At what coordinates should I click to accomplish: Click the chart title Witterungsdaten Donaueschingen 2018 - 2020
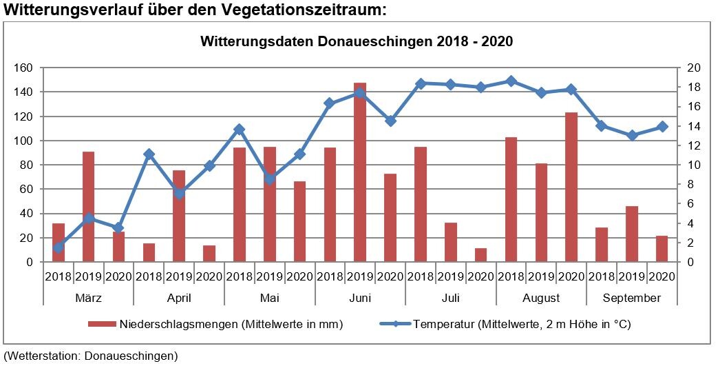coord(357,41)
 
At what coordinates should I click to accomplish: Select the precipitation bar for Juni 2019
coord(360,172)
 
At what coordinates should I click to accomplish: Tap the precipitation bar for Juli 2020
coord(480,255)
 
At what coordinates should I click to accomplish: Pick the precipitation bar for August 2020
coord(571,187)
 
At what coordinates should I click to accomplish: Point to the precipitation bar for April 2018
coord(149,252)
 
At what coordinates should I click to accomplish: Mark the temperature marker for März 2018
coord(59,247)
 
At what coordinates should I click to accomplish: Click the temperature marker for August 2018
coord(511,81)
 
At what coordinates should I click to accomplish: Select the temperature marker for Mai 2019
coord(269,179)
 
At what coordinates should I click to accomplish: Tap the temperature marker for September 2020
coord(661,126)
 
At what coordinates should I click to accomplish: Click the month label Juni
coord(360,298)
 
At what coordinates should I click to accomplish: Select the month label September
coord(631,298)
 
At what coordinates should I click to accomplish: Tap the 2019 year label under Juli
coord(450,276)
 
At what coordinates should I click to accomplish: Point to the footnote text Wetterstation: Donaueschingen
coord(90,356)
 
